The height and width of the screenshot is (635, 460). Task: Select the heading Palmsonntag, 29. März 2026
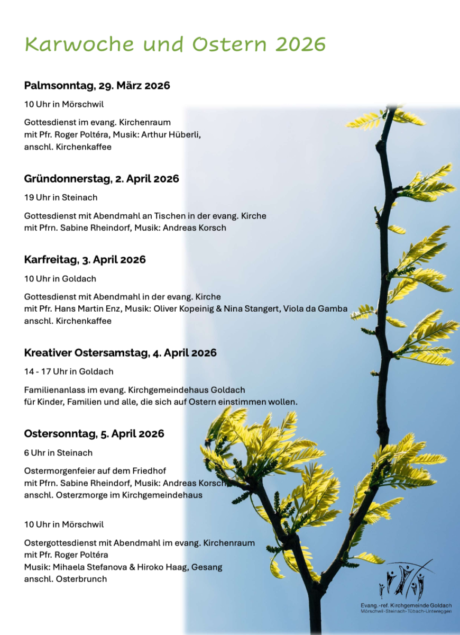(97, 86)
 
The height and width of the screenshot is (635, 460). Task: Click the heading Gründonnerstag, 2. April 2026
(102, 179)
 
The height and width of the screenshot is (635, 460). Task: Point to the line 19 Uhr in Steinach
(61, 197)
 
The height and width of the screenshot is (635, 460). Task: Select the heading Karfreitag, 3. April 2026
(85, 260)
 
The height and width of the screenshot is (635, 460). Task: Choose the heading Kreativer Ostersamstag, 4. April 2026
(121, 353)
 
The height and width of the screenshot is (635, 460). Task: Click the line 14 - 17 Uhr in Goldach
(69, 371)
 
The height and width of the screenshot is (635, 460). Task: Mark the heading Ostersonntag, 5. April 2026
(94, 434)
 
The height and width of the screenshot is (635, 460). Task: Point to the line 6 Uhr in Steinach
(58, 452)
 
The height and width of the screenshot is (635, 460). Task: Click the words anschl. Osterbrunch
(66, 579)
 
